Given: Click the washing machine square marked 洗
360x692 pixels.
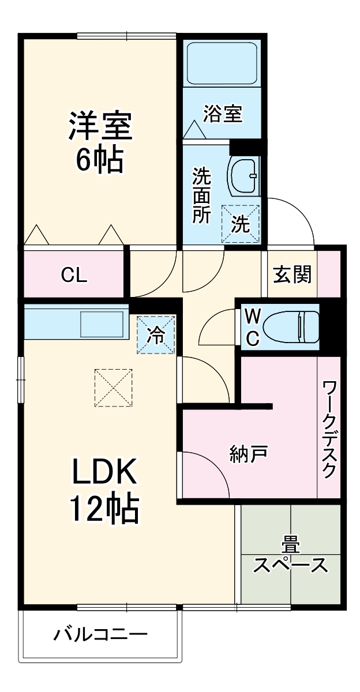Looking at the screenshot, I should [x=241, y=224].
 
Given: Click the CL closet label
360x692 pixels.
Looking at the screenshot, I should [x=74, y=276].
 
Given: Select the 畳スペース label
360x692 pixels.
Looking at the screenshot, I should [x=291, y=556].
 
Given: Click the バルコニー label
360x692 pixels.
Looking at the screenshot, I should [x=101, y=635].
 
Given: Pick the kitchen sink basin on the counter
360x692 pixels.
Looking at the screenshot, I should [x=102, y=324].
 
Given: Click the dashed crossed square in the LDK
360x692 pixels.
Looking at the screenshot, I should [x=114, y=388].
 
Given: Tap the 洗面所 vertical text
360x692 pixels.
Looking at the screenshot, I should [x=202, y=195].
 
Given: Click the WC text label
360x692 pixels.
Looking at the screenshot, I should [x=252, y=327].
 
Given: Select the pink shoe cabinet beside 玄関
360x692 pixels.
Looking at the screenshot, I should [x=328, y=273].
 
